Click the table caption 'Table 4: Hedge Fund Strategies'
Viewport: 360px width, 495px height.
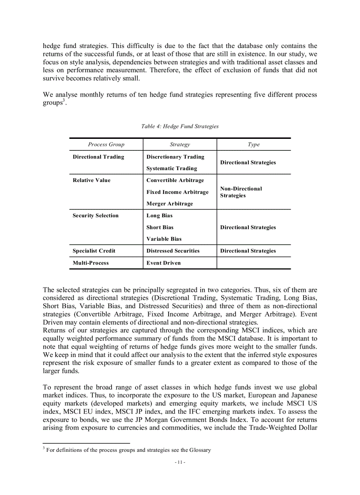click(x=180, y=127)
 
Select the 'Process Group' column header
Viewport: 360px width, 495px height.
click(x=106, y=145)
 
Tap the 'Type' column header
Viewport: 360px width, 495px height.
click(x=254, y=145)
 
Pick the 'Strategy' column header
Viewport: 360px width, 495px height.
click(x=180, y=145)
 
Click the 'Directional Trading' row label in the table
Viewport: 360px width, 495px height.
click(x=98, y=157)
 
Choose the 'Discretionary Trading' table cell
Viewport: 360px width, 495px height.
click(x=175, y=157)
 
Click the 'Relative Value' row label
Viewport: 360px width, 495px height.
click(x=91, y=180)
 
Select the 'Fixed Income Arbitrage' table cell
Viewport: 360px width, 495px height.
click(x=177, y=192)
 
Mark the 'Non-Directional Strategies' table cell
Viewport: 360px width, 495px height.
click(x=241, y=192)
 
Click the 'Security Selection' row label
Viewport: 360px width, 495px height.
click(x=95, y=216)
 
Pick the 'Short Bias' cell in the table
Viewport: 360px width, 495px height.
click(x=160, y=227)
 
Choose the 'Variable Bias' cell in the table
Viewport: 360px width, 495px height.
click(x=164, y=239)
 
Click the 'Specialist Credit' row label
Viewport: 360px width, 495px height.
click(x=94, y=251)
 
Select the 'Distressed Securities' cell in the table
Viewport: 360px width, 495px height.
click(x=173, y=251)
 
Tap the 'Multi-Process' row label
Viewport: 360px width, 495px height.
click(x=90, y=263)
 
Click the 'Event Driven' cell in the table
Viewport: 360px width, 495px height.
click(x=163, y=263)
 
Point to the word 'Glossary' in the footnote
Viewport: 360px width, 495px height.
click(x=200, y=450)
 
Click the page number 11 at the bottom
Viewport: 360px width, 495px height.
click(x=180, y=462)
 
